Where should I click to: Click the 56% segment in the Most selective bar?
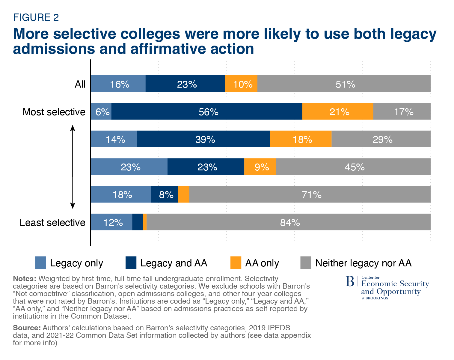click(x=207, y=112)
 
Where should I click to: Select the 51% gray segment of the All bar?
click(x=344, y=84)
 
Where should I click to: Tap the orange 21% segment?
click(x=338, y=112)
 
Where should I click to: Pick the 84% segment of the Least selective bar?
click(x=288, y=222)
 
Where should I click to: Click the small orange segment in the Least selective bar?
click(x=145, y=222)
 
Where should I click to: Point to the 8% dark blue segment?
click(x=165, y=194)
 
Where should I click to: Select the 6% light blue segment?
click(x=101, y=112)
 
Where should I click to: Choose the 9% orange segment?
click(x=260, y=167)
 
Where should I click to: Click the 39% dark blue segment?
click(x=203, y=139)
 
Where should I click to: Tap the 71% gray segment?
click(x=310, y=194)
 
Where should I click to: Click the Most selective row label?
click(x=54, y=112)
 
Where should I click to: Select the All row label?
click(x=80, y=84)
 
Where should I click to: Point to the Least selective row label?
click(x=52, y=223)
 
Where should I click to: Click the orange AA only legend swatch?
click(x=236, y=263)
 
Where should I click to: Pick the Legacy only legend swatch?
click(x=40, y=263)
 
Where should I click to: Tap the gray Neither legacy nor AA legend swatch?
click(x=306, y=263)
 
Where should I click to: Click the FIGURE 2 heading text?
click(x=36, y=17)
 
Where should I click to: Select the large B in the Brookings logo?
click(x=349, y=281)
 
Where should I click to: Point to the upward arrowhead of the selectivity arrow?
click(x=73, y=128)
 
